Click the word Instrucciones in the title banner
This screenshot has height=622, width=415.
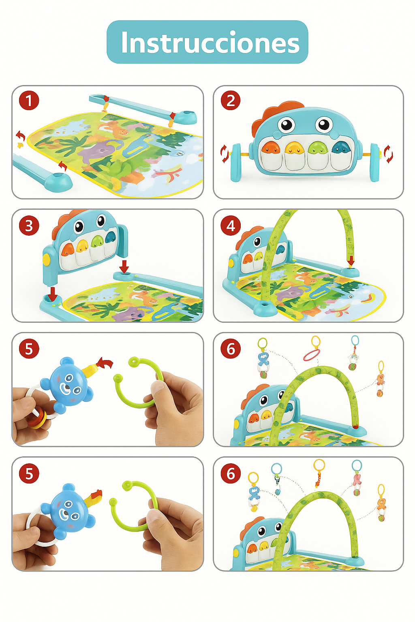(210, 43)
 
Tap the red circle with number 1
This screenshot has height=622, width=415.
(29, 100)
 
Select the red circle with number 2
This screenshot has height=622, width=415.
(231, 100)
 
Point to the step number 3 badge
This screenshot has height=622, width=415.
(29, 226)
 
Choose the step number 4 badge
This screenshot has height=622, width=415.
(231, 226)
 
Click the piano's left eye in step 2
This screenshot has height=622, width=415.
(286, 124)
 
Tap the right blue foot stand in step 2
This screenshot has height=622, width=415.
(374, 162)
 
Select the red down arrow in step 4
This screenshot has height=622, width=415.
(351, 260)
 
